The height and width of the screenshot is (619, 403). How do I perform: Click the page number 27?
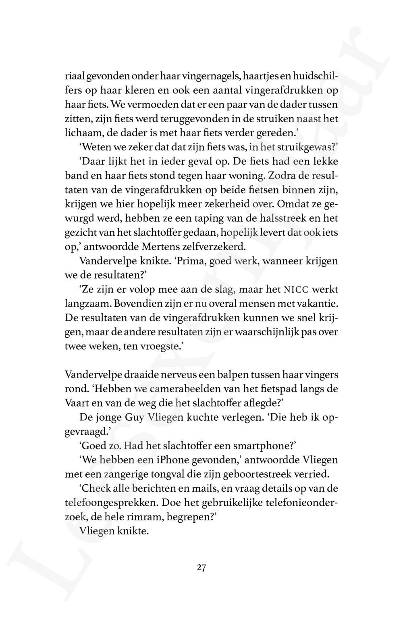pos(202,568)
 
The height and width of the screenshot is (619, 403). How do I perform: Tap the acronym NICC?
pos(297,290)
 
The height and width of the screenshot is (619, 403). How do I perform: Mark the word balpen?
pos(233,375)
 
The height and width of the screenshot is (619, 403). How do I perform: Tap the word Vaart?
pos(77,403)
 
